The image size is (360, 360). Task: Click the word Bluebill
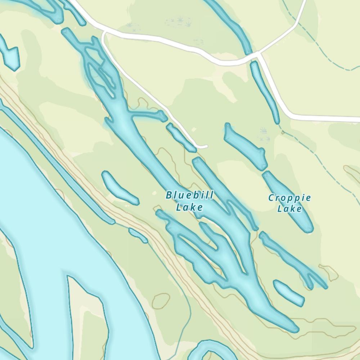click(x=189, y=195)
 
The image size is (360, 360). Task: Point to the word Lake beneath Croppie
click(x=289, y=209)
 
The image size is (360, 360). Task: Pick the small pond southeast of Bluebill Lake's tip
click(x=288, y=292)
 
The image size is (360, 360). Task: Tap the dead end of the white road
click(x=206, y=147)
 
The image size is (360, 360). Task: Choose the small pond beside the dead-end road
click(x=180, y=137)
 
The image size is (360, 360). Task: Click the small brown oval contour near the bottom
click(x=161, y=301)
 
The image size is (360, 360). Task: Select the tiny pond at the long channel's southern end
click(x=138, y=235)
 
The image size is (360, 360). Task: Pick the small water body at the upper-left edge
click(x=10, y=54)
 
